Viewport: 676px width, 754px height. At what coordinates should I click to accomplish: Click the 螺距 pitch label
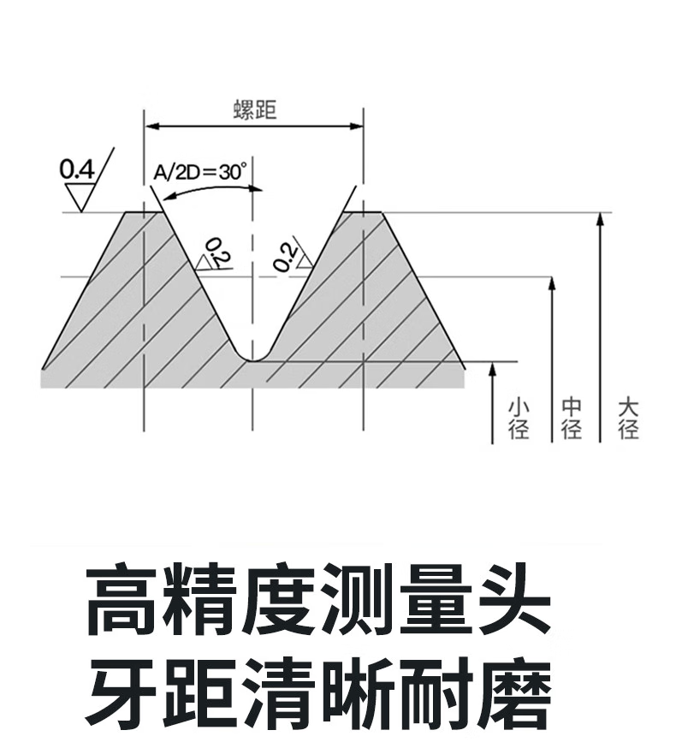[x=255, y=110]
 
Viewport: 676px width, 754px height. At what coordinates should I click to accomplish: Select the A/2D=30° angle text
[x=200, y=172]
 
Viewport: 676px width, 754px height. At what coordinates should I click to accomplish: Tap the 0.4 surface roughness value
[x=77, y=169]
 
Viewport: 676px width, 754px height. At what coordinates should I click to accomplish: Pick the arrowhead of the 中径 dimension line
[x=552, y=283]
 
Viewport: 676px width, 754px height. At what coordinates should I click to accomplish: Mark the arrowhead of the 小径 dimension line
[x=492, y=368]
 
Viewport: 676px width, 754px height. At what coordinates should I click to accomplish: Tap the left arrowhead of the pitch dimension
[x=152, y=127]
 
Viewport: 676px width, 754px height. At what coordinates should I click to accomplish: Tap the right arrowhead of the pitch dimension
[x=356, y=127]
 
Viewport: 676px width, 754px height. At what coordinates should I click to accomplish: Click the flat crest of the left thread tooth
[x=144, y=212]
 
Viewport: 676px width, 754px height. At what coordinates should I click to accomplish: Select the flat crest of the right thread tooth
[x=363, y=212]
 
